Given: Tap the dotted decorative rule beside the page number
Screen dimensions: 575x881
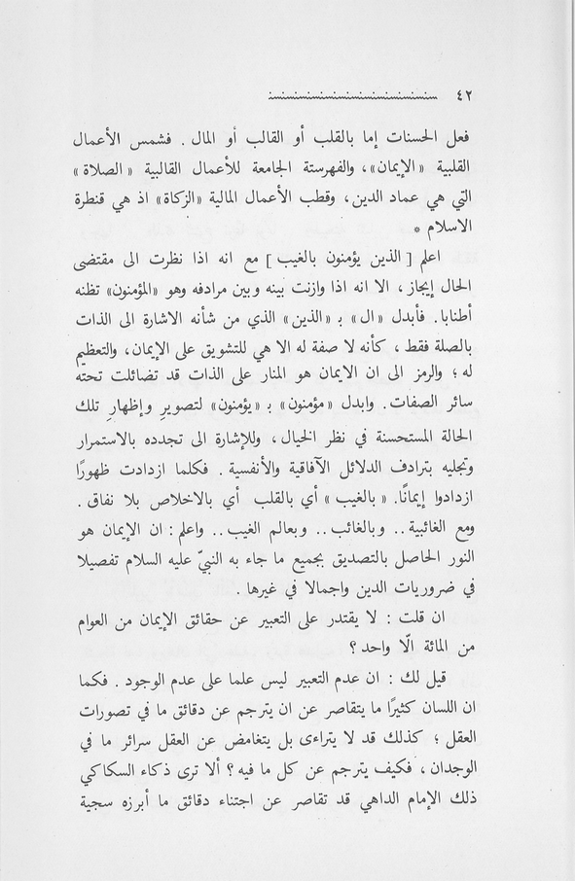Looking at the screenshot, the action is pyautogui.click(x=351, y=96).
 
